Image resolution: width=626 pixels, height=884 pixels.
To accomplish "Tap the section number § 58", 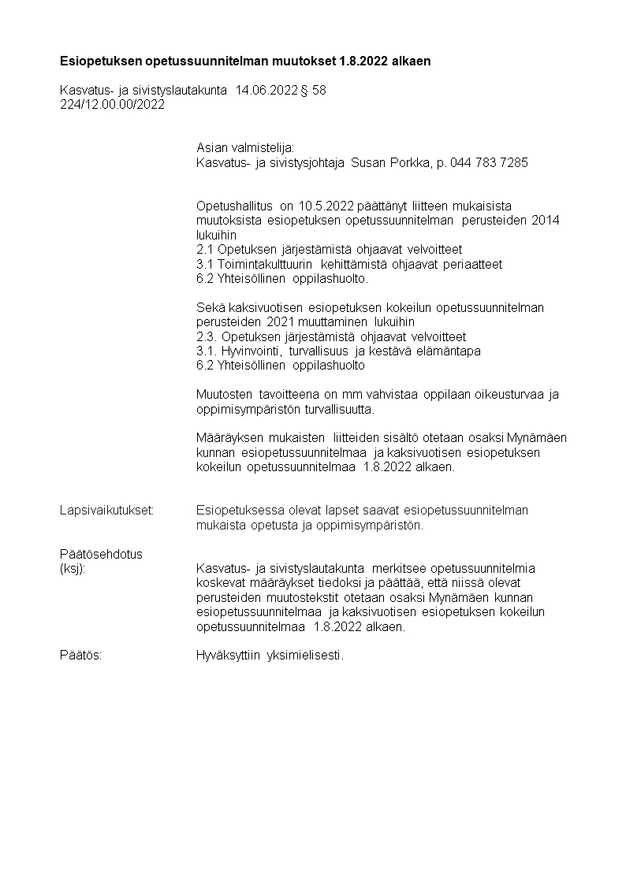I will point(313,91).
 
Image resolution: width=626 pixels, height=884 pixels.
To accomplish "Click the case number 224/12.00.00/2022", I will point(112,105).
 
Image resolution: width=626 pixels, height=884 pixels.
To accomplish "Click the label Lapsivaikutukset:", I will point(106,510).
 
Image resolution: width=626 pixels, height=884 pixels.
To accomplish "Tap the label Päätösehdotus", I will point(102,554).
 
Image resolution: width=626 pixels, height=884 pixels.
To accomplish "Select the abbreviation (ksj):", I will point(73,568).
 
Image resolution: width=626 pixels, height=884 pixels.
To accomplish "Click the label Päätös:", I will point(80,655).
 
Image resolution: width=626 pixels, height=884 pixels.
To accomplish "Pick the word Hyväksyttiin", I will point(229,655).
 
